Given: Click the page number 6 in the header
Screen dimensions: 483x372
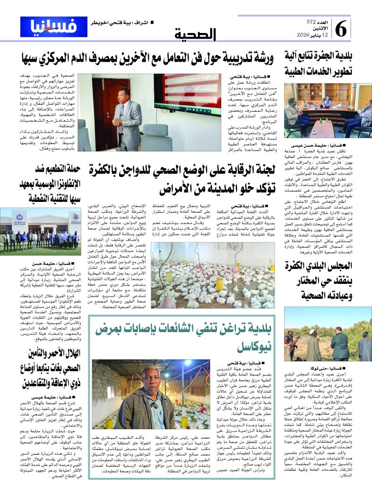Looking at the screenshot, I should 342,29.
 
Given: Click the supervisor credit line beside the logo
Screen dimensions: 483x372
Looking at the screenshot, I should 117,22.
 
